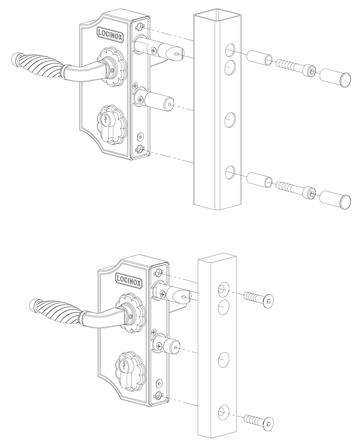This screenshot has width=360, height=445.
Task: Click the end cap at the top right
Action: [x=336, y=78]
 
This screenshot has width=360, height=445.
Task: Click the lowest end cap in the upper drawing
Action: [x=336, y=201]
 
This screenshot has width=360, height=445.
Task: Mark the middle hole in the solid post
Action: [x=224, y=359]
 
